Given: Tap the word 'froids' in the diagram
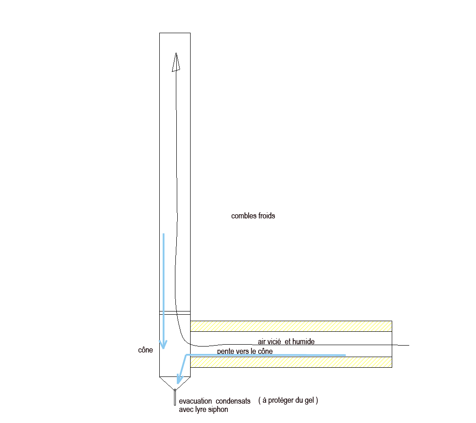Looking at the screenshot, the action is tap(266, 216).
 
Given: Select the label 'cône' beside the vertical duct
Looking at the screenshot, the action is tap(145, 350).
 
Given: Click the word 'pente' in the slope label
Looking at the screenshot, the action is tap(226, 352).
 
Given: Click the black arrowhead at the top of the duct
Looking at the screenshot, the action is tap(175, 62).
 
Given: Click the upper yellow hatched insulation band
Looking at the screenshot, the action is tap(291, 326).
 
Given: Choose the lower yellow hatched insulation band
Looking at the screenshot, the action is tap(291, 362).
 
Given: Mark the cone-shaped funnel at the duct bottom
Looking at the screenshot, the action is tap(174, 382).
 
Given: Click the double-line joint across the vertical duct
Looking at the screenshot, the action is tap(174, 312).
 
